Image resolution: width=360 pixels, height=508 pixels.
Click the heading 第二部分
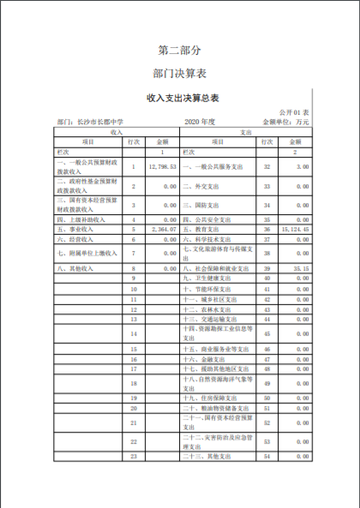click(180, 50)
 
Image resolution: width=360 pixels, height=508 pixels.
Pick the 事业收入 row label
click(74, 230)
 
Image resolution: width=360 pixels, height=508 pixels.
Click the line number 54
click(267, 457)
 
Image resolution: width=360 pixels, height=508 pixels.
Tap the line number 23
click(135, 457)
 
